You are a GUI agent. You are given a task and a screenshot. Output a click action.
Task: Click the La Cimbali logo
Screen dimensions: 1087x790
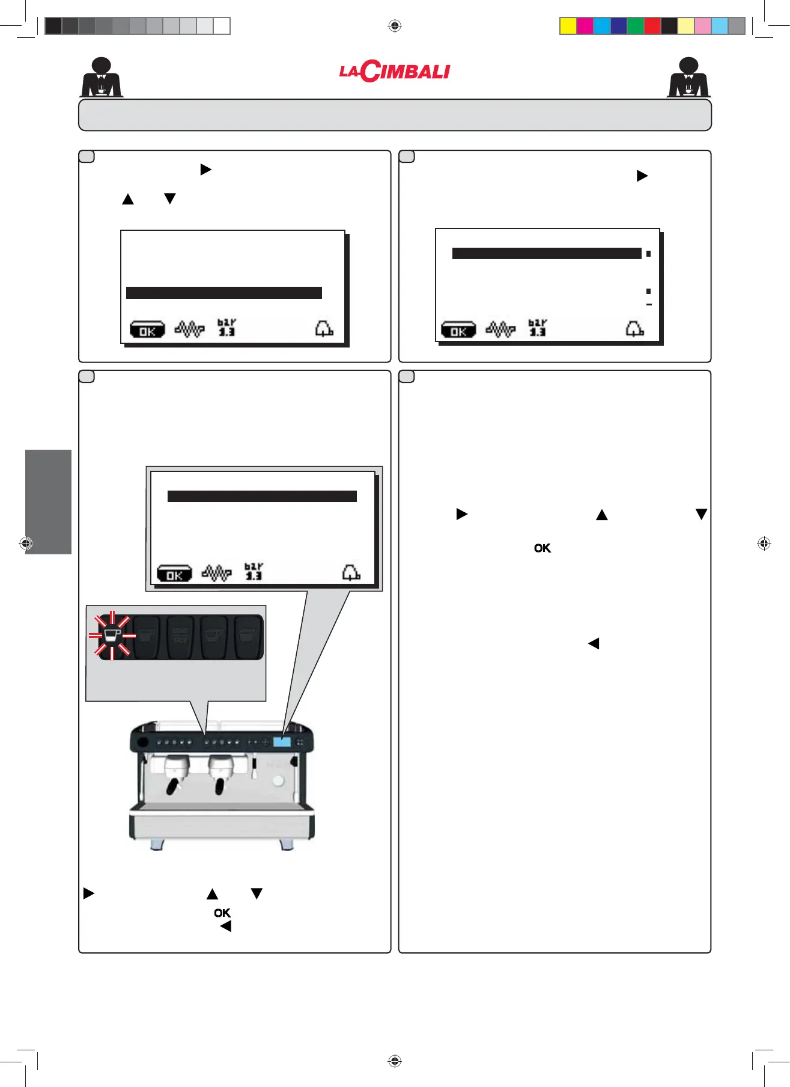click(x=395, y=72)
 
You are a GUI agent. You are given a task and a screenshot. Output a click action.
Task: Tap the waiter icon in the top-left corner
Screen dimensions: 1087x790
click(x=102, y=78)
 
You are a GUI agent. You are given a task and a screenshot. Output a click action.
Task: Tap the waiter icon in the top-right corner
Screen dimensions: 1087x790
click(x=688, y=78)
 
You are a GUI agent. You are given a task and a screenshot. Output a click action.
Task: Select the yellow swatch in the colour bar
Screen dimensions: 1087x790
click(x=568, y=26)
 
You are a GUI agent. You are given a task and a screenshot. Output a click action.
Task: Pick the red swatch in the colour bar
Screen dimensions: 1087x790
click(x=652, y=26)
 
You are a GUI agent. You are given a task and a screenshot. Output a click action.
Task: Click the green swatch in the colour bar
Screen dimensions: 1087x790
click(x=635, y=26)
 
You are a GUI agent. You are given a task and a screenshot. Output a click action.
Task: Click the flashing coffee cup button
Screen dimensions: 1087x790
click(x=112, y=635)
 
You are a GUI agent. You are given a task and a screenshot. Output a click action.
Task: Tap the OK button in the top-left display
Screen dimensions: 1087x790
click(x=147, y=330)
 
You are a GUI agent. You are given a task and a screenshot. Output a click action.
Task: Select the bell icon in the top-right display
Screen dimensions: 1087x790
click(x=634, y=329)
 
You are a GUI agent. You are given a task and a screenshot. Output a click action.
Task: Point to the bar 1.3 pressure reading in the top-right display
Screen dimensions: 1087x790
click(x=538, y=328)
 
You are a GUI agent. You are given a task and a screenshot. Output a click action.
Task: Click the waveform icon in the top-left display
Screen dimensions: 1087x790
click(x=190, y=329)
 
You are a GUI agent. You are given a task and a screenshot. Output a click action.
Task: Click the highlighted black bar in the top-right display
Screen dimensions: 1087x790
click(x=547, y=254)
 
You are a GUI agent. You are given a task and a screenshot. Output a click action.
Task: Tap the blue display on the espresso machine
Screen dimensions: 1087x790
click(x=282, y=742)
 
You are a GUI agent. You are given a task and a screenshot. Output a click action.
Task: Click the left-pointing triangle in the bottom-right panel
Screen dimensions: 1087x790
click(x=594, y=644)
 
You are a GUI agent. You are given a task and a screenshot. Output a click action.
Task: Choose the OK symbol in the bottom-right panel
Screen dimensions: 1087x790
click(x=542, y=548)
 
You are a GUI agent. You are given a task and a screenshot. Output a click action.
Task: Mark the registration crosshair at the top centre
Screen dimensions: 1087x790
click(x=395, y=26)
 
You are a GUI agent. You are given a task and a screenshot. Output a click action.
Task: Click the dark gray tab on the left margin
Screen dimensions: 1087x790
click(x=48, y=501)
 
